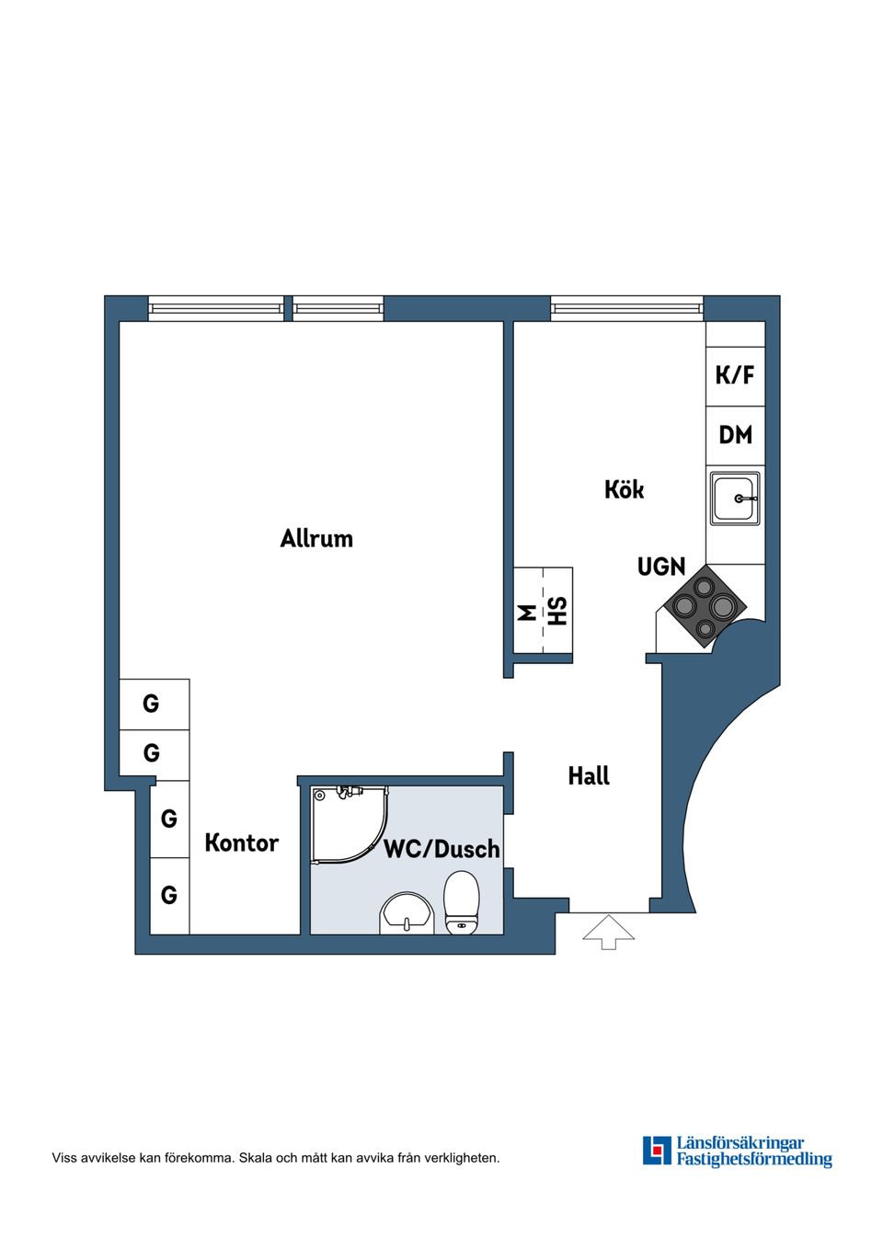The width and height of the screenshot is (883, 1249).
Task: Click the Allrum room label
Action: tap(316, 539)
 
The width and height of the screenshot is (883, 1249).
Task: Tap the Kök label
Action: tap(625, 489)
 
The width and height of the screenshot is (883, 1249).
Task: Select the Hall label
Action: tap(589, 775)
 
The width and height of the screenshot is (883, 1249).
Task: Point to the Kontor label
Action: tap(241, 843)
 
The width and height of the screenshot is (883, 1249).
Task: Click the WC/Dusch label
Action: tap(441, 849)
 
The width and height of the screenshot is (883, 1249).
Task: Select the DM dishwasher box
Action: tap(735, 436)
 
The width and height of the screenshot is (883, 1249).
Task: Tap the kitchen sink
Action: tap(735, 498)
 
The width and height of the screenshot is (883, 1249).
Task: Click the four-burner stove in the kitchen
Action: tap(705, 606)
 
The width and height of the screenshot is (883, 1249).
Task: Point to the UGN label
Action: tap(661, 567)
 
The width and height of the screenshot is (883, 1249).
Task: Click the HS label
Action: tap(557, 611)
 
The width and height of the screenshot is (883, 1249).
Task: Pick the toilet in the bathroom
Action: tap(461, 901)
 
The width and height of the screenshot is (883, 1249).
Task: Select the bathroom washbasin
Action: tap(407, 912)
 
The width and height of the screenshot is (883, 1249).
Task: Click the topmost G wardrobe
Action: tap(155, 705)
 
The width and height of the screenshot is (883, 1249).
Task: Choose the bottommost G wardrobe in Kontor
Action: tap(169, 896)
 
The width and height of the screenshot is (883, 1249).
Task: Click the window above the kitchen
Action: tap(627, 308)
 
